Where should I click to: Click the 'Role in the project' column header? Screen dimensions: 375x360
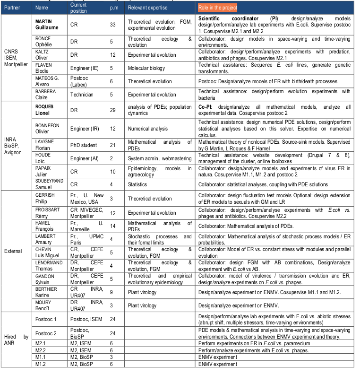pos(217,8)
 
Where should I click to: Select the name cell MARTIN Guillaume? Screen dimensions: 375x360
pos(46,25)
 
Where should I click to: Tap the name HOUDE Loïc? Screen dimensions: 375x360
pos(43,158)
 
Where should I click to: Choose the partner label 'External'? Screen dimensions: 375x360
pos(13,251)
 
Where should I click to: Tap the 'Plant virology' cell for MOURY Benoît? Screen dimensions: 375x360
pos(142,305)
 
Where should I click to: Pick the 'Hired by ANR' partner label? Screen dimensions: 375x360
pos(16,340)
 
